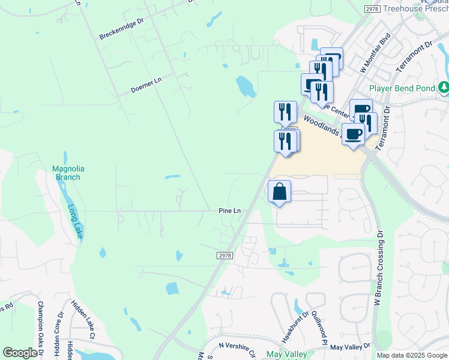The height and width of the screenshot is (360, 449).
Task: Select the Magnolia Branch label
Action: [x=66, y=173]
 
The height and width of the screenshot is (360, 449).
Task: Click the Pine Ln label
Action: [x=229, y=211]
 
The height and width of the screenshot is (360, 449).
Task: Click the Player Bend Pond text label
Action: [x=402, y=88]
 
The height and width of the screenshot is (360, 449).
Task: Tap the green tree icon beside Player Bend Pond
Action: [x=444, y=88]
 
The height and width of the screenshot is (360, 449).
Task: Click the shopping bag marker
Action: [x=279, y=192]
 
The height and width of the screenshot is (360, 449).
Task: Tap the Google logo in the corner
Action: [x=20, y=353]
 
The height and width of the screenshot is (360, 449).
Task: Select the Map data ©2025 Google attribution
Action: [x=411, y=355]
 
